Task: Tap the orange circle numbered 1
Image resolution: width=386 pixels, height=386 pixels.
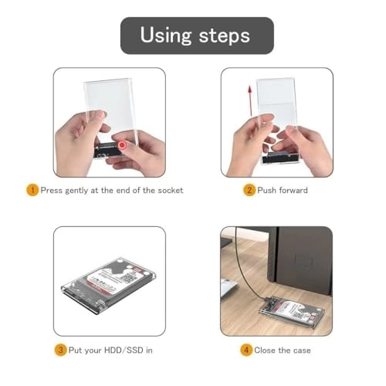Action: [32, 190]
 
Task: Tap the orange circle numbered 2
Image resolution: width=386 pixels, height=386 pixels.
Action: [249, 190]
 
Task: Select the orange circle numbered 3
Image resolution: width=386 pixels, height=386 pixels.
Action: [59, 350]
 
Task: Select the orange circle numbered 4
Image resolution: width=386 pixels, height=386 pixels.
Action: [246, 350]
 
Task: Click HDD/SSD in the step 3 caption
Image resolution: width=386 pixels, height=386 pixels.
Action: [127, 350]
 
